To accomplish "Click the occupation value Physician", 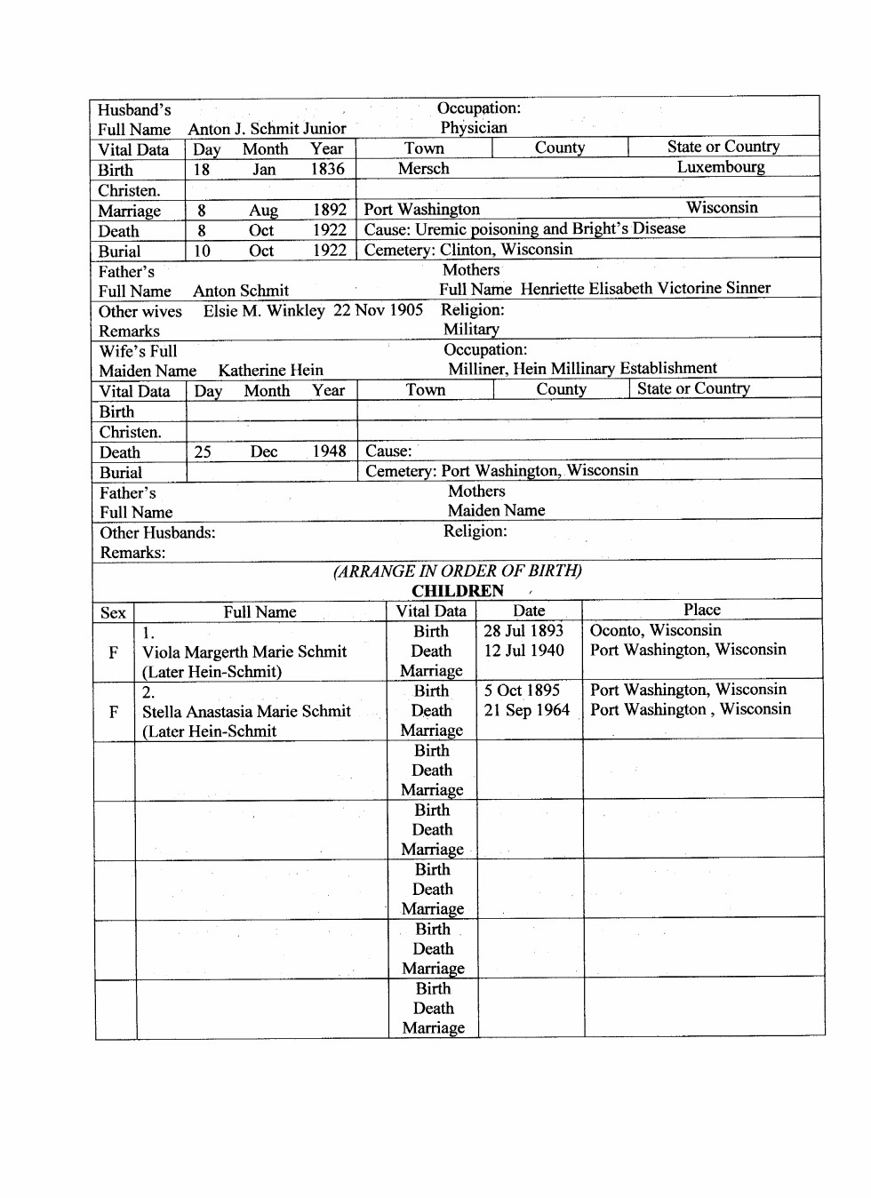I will (474, 128).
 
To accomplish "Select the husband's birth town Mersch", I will (423, 169).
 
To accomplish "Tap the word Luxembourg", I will (720, 167).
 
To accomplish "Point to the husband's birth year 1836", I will (327, 169).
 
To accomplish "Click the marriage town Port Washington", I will (422, 210).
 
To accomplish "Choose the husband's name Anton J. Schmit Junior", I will (267, 129).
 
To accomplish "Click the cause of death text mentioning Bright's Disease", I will (524, 229).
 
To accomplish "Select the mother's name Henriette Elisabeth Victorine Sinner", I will (645, 289).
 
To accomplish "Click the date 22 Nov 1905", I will (378, 310).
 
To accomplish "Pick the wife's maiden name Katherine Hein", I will (271, 371).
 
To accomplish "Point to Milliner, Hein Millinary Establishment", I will (582, 369).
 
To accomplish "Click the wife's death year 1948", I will (329, 451).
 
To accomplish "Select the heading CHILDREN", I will (458, 591).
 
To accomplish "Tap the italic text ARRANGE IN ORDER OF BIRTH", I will (458, 571).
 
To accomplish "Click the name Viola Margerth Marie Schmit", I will (244, 652).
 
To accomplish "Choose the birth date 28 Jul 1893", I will (523, 631).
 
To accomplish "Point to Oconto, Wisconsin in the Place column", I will (656, 631).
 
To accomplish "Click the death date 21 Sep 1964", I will (526, 710).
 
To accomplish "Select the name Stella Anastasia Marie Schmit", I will (246, 712).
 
